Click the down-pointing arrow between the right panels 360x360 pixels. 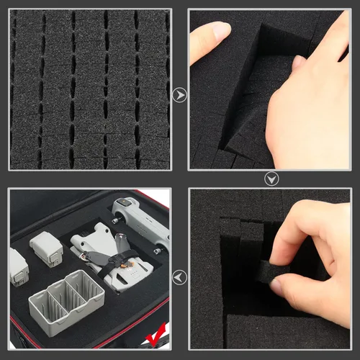tap(271, 179)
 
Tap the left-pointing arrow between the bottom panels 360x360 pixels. tap(179, 276)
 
